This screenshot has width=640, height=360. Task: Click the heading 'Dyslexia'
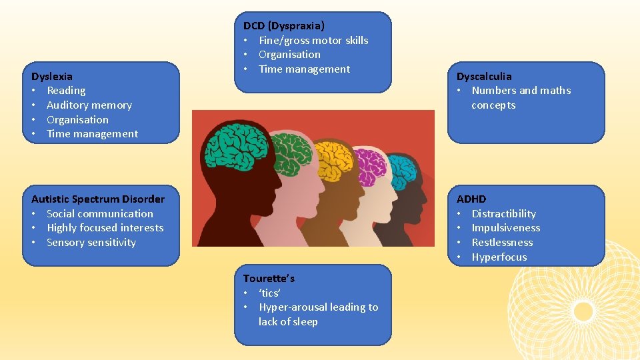click(x=52, y=76)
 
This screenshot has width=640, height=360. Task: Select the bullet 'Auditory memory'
click(x=89, y=105)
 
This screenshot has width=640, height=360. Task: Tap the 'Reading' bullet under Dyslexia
click(x=66, y=91)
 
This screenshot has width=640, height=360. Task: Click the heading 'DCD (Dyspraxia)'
click(x=284, y=26)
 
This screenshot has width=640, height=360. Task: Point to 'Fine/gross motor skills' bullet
click(x=313, y=40)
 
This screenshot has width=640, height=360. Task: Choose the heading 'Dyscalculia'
click(x=484, y=76)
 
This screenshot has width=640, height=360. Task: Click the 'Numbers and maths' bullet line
click(x=521, y=91)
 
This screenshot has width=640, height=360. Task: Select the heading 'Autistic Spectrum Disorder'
click(x=98, y=199)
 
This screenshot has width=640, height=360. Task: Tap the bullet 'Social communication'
click(x=100, y=213)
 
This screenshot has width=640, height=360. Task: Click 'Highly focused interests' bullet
click(x=105, y=228)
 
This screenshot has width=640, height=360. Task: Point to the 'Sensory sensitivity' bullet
click(x=91, y=243)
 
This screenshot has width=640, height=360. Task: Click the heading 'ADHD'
click(x=471, y=199)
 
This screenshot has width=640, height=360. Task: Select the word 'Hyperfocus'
click(x=499, y=257)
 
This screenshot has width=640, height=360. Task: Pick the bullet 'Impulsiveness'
click(x=506, y=228)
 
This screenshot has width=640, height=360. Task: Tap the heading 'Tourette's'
click(x=269, y=278)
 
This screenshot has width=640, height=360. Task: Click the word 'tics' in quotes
click(x=270, y=293)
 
